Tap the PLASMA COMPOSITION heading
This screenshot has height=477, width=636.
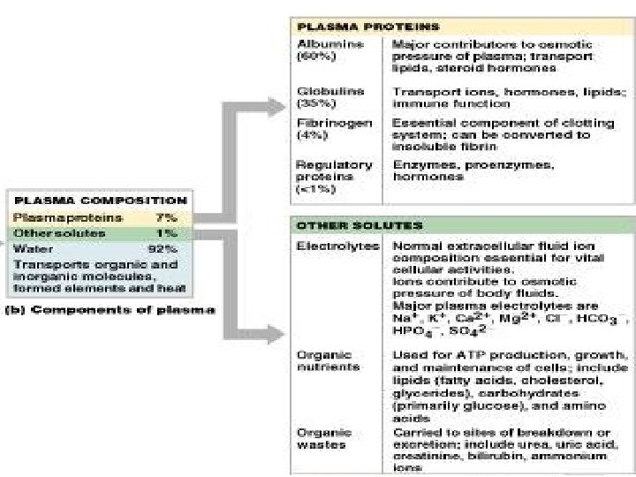click(101, 201)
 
